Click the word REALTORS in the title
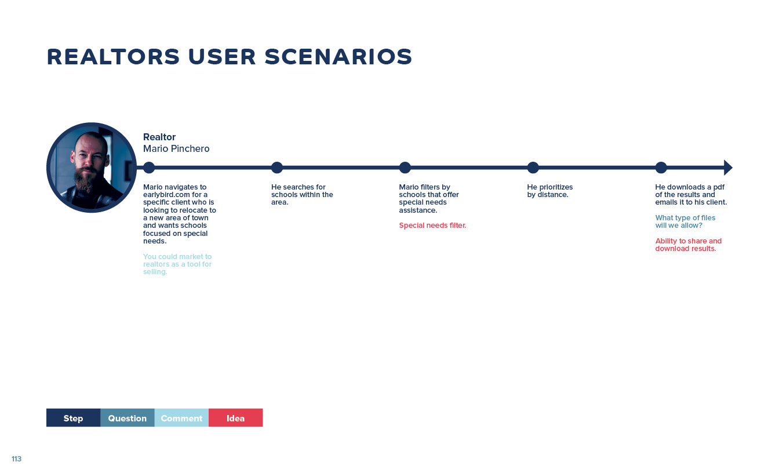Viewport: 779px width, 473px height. (114, 57)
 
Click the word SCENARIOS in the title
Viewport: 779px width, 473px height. (338, 57)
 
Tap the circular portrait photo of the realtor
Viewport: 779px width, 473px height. (92, 168)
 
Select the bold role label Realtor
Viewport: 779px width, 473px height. (159, 137)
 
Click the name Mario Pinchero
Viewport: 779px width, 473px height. (176, 149)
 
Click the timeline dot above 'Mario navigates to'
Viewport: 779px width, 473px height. (149, 168)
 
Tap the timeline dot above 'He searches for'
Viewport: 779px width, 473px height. (277, 168)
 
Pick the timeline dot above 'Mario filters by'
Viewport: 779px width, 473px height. (405, 168)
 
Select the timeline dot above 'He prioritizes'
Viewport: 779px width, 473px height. (533, 168)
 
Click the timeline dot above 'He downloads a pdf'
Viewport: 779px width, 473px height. (661, 168)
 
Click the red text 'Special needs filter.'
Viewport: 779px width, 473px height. (432, 225)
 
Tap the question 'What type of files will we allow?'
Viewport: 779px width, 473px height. (685, 221)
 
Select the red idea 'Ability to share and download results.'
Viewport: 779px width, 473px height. (688, 245)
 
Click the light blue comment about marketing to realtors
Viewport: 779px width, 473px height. (177, 264)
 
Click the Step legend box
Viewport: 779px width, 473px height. (74, 418)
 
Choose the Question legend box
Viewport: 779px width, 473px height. (128, 418)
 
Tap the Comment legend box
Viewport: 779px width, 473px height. (181, 418)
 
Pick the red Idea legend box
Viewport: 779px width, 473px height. (236, 418)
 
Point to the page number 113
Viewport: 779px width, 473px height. (16, 459)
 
